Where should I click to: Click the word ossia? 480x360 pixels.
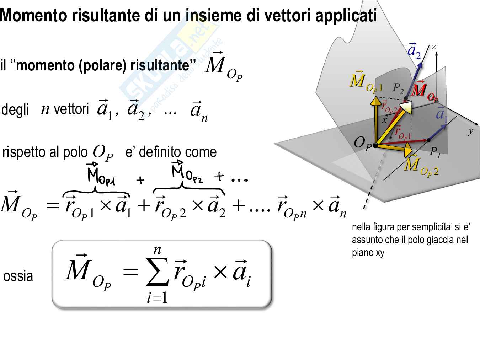(x=18, y=276)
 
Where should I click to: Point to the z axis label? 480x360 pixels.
(x=434, y=47)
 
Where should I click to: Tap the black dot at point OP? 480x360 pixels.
(x=375, y=145)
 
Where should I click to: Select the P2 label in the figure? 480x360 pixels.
(x=398, y=88)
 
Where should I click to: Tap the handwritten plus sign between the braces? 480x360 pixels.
(x=140, y=181)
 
